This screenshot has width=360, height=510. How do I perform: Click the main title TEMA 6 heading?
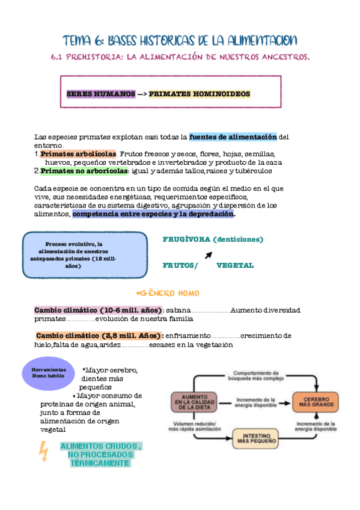[x=180, y=40]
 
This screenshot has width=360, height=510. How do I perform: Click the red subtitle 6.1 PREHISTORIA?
[x=180, y=57]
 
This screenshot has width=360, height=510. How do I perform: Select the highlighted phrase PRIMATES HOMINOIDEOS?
[x=200, y=94]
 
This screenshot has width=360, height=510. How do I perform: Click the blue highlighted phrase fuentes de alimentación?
[x=233, y=137]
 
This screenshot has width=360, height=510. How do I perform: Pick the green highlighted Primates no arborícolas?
[x=84, y=171]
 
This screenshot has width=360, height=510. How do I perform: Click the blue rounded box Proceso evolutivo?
[x=85, y=251]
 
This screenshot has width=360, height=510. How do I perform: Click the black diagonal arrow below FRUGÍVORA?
[x=208, y=255]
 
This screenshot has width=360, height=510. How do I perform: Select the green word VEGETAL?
[x=235, y=265]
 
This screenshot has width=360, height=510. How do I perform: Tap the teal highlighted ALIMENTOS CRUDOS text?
[x=100, y=455]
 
